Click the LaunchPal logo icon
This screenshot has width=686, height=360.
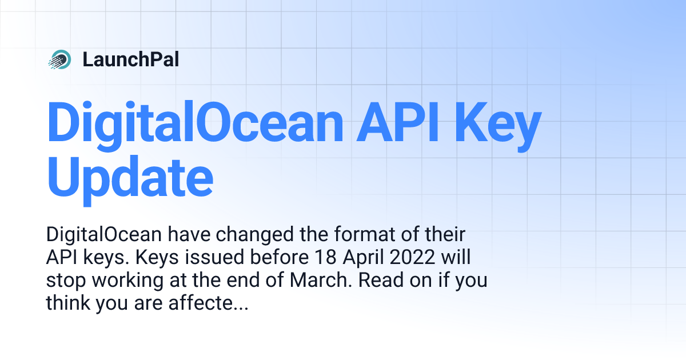[x=59, y=59]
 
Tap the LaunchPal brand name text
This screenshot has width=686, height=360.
[x=130, y=59]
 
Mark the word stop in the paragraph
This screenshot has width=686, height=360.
[x=63, y=281]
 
